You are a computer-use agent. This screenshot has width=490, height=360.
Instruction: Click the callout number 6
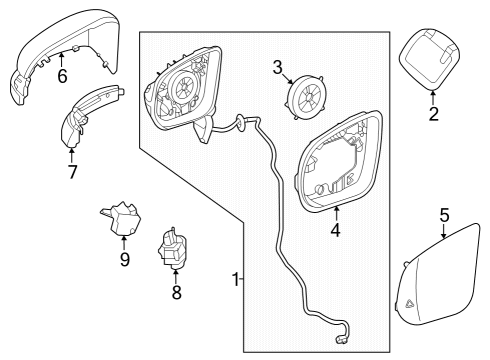(x=62, y=76)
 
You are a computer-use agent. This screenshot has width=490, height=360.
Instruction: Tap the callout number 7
(x=72, y=172)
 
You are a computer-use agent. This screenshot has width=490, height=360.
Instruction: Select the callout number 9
(x=124, y=259)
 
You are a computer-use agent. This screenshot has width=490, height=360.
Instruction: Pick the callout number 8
(x=176, y=292)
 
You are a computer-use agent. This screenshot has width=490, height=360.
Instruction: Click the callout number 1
(x=236, y=279)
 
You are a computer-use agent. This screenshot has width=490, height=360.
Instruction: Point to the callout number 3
(x=277, y=67)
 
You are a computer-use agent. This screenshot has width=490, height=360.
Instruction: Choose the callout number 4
(x=336, y=230)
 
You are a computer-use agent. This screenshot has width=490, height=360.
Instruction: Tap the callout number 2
(x=433, y=114)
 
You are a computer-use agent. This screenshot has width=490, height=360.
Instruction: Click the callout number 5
(x=444, y=215)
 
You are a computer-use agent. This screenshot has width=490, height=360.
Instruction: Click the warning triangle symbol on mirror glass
(x=409, y=303)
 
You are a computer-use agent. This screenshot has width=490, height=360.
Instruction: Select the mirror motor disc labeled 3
(x=305, y=97)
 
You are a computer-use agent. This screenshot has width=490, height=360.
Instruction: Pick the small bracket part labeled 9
(x=121, y=218)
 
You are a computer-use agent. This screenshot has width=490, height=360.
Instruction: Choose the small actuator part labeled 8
(x=172, y=249)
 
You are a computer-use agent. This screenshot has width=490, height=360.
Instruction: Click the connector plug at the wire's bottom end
(x=343, y=340)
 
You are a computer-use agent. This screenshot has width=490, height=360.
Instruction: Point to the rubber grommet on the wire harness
(x=241, y=120)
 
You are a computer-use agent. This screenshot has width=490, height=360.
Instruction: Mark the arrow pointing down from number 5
(x=444, y=231)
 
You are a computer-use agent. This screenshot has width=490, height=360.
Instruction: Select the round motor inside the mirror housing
(x=183, y=88)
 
